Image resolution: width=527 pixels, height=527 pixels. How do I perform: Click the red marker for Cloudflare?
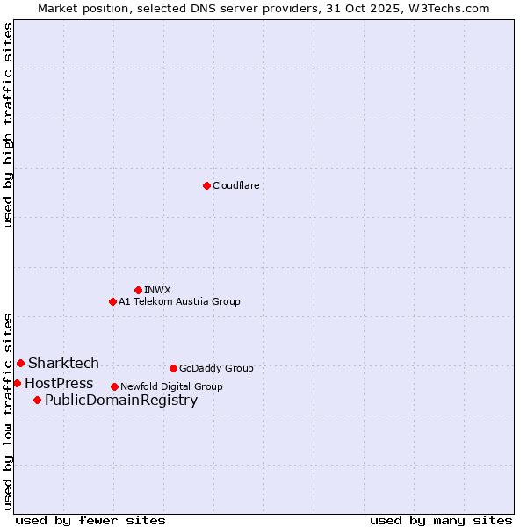point(206,185)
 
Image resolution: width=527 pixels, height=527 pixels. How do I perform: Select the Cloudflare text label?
point(235,185)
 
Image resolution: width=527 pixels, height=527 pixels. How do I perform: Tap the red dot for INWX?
point(138,290)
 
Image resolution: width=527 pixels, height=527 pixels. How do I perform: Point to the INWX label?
point(157,290)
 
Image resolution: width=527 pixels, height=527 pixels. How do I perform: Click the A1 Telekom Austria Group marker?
point(112,301)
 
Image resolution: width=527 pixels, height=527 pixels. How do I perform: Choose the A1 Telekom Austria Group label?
point(179,301)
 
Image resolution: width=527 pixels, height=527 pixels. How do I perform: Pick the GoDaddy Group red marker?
point(173,368)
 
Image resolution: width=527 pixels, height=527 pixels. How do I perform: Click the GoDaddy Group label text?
point(216,368)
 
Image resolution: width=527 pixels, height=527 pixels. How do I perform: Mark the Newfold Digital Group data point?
point(114,386)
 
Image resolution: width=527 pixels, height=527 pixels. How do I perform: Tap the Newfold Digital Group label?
point(171,386)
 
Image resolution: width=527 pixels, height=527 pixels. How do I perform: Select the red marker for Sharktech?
point(20,363)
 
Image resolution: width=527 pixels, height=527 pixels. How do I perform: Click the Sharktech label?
point(63,363)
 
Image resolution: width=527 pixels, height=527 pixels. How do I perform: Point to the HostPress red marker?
point(17,383)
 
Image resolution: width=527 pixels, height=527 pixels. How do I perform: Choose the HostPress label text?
point(59,383)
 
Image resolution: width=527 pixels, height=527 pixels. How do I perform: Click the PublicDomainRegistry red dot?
point(37,401)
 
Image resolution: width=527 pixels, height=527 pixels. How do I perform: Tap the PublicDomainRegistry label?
point(121,401)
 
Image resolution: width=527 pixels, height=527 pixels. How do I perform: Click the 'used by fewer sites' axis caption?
point(90,520)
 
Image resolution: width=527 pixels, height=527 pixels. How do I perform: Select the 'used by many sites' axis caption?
point(441,520)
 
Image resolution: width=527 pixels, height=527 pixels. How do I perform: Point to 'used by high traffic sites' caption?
point(8,125)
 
